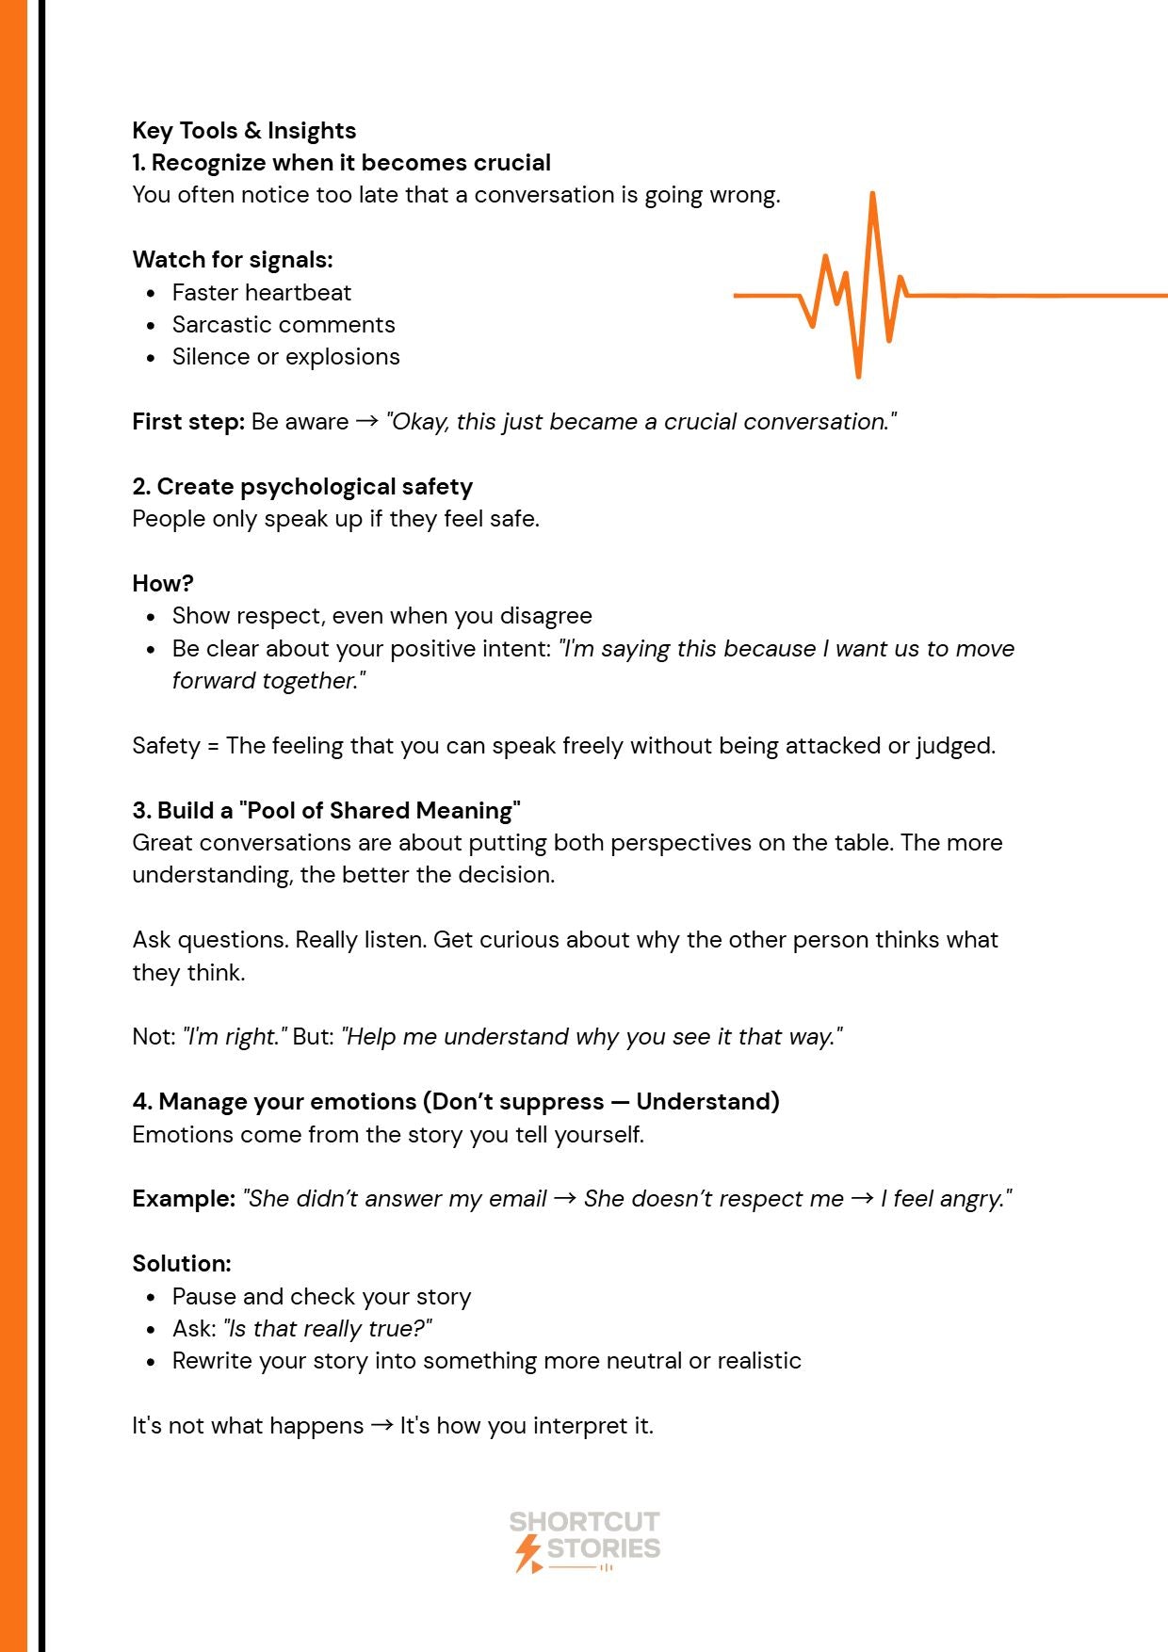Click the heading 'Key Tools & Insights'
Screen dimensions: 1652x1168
pyautogui.click(x=244, y=130)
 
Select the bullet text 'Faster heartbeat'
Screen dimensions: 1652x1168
pyautogui.click(x=261, y=292)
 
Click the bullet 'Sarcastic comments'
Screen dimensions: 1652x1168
pyautogui.click(x=283, y=324)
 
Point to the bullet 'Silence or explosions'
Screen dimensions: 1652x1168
pyautogui.click(x=285, y=357)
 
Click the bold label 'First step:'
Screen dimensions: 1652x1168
pyautogui.click(x=188, y=421)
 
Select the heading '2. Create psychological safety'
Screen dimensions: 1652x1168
pyautogui.click(x=302, y=486)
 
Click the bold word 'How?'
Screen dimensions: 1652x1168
pyautogui.click(x=163, y=583)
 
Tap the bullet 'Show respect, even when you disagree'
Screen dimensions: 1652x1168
pyautogui.click(x=381, y=616)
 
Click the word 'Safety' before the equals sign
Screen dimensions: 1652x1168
pyautogui.click(x=166, y=746)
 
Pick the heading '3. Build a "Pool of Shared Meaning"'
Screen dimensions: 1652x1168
pyautogui.click(x=326, y=810)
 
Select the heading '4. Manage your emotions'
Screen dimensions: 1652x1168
pyautogui.click(x=456, y=1101)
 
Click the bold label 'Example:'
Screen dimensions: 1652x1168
pyautogui.click(x=184, y=1199)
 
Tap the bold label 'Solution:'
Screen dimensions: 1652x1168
pyautogui.click(x=182, y=1263)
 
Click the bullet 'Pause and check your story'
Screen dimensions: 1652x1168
pyautogui.click(x=321, y=1297)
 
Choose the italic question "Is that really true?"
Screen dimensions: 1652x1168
pyautogui.click(x=327, y=1329)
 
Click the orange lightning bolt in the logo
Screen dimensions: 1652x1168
pyautogui.click(x=528, y=1552)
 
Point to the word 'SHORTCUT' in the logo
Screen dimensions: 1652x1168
pyautogui.click(x=584, y=1522)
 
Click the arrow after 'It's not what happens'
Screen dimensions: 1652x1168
pyautogui.click(x=381, y=1426)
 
